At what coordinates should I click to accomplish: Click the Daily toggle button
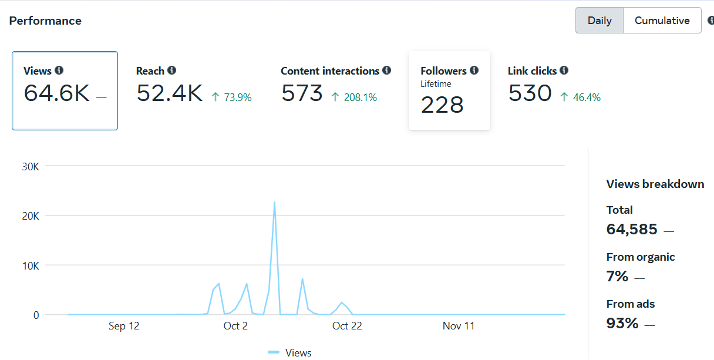tap(600, 21)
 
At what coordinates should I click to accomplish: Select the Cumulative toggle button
tap(662, 21)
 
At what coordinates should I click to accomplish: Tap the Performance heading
tap(45, 21)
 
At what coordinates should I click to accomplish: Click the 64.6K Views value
tap(57, 93)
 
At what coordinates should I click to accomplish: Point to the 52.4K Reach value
tap(170, 93)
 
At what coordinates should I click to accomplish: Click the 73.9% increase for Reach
tap(232, 97)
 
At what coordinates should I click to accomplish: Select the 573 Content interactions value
tap(302, 93)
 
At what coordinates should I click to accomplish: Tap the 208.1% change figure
tap(354, 97)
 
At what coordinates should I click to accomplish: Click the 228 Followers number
tap(442, 105)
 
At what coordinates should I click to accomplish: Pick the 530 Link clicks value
tap(530, 93)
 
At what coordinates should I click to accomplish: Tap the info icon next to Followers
tap(474, 70)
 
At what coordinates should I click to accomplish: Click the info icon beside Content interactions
tap(386, 70)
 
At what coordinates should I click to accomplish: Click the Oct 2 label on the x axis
tap(235, 326)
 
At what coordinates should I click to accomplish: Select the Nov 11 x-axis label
tap(459, 326)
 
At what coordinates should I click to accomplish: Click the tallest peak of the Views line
tap(274, 203)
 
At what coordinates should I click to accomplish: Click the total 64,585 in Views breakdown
tap(632, 230)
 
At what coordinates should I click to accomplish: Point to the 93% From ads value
tap(622, 323)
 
